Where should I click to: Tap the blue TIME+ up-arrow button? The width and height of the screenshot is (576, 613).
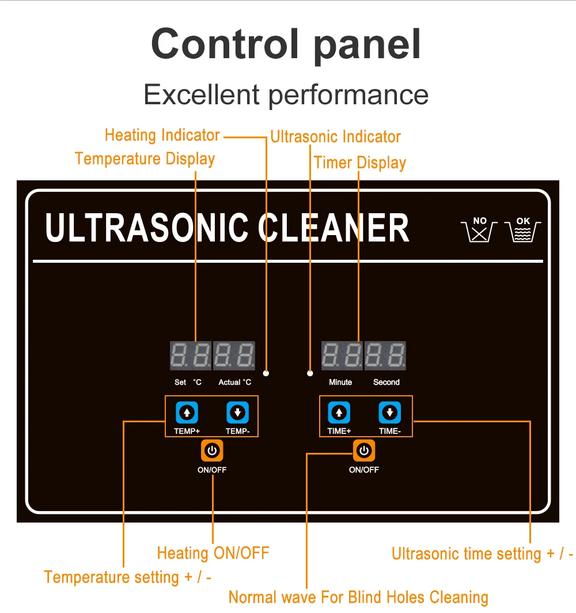[x=339, y=413]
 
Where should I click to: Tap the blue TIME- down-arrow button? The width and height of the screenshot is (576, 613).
[x=389, y=413]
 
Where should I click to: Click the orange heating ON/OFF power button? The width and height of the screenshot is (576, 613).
[x=212, y=451]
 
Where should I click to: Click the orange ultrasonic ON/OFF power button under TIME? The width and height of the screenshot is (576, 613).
[x=364, y=451]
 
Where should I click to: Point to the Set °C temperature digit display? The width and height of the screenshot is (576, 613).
[x=191, y=355]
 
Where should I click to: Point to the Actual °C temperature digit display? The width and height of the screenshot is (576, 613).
[x=234, y=355]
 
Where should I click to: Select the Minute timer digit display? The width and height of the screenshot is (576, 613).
[x=342, y=355]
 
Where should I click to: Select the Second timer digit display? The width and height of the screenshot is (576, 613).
[x=385, y=355]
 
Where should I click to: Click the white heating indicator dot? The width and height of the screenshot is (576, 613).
[x=266, y=373]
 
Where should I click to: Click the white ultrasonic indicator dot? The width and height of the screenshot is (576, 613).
[x=310, y=373]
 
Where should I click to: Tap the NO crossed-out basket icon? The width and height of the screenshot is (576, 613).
[x=479, y=229]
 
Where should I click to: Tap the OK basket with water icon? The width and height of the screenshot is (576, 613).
[x=523, y=229]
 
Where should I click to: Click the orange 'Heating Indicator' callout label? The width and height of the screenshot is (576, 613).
[x=162, y=135]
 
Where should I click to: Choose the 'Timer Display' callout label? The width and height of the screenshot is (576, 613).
[x=360, y=162]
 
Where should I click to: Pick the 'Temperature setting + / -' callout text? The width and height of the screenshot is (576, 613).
[x=127, y=577]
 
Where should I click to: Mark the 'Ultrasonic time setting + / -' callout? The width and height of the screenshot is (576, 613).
[x=482, y=554]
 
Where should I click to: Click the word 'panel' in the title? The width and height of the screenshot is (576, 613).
[x=367, y=46]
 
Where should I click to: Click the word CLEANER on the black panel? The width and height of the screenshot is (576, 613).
[x=334, y=228]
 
